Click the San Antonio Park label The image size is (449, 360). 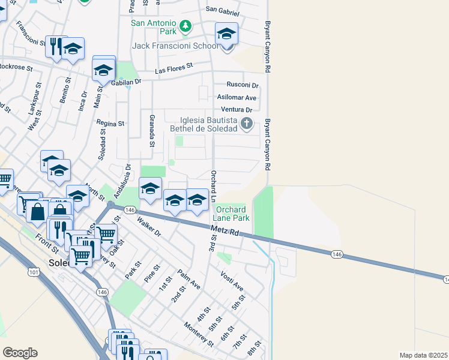[154, 25]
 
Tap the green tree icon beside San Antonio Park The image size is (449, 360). [186, 25]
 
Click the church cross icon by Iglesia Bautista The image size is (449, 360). [246, 125]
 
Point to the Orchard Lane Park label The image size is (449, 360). [231, 213]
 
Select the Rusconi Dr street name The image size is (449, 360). [243, 85]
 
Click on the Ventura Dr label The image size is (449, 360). [237, 110]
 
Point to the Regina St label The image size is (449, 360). [110, 123]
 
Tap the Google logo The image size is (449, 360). [20, 353]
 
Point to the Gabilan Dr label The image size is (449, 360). [125, 82]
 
